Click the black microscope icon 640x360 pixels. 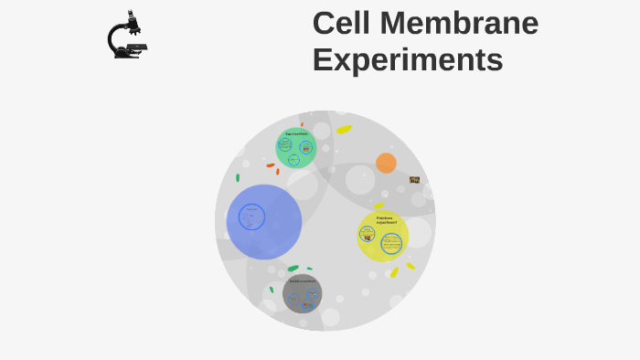click(127, 37)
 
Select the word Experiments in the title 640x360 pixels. click(407, 60)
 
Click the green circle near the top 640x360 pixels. click(295, 147)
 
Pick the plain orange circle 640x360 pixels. click(386, 163)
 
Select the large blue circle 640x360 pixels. click(264, 222)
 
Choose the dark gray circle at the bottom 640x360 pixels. click(302, 293)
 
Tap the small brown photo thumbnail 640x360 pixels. click(414, 180)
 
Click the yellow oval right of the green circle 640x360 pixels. click(344, 129)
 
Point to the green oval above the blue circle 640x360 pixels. click(238, 177)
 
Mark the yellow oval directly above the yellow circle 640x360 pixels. click(379, 206)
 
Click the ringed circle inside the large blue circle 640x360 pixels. click(251, 217)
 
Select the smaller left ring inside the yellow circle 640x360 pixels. click(367, 234)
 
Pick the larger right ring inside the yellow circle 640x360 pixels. click(391, 243)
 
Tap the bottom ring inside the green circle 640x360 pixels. click(293, 160)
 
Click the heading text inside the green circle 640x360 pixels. click(295, 134)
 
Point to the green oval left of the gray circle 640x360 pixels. click(272, 290)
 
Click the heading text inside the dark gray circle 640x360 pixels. click(302, 281)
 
